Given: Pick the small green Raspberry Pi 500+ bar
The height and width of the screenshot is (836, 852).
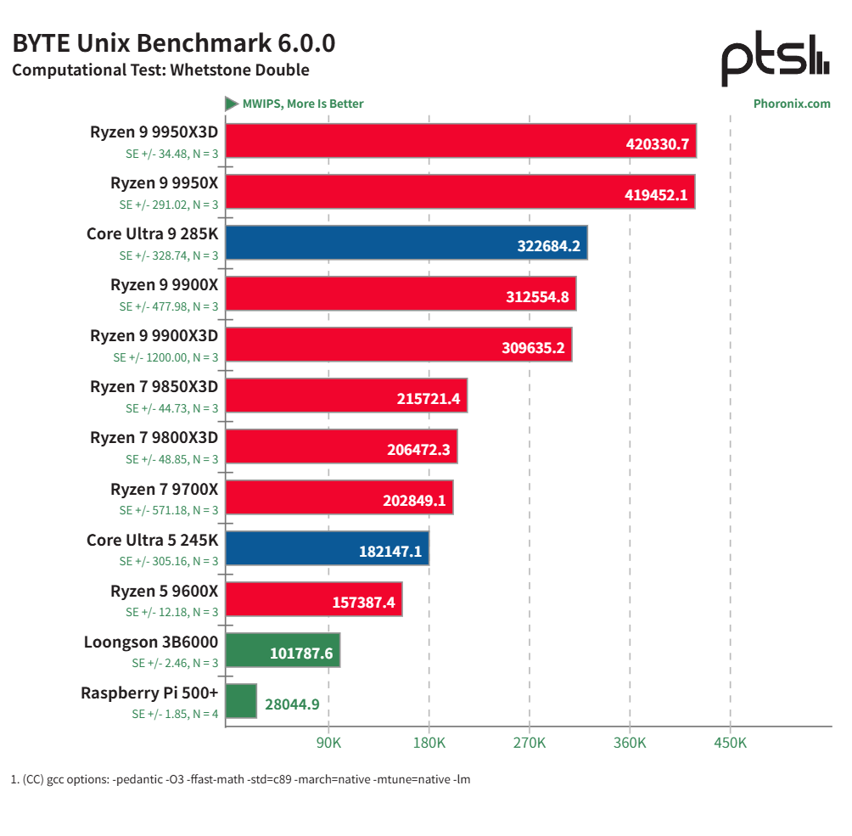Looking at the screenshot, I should click(x=241, y=701).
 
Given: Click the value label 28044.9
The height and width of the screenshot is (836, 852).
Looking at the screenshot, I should click(x=292, y=704).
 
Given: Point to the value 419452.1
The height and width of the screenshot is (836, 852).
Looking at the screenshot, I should click(x=656, y=195).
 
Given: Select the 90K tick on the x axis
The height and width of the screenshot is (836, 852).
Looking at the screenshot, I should click(x=328, y=743).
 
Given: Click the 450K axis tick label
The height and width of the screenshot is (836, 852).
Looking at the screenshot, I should click(x=730, y=743).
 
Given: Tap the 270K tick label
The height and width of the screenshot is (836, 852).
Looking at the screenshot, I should click(x=529, y=743).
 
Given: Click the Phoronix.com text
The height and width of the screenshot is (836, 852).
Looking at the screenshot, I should click(x=791, y=104).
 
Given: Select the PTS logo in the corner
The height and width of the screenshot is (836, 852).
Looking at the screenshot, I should click(x=774, y=59).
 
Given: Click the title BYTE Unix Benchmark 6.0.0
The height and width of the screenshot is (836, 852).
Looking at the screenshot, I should click(x=174, y=42).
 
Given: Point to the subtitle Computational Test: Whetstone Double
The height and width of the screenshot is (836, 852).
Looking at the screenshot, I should click(x=160, y=70).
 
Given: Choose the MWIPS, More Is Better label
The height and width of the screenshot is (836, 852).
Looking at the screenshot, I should click(x=302, y=104).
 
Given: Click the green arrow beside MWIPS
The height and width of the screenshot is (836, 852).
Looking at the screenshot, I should click(x=231, y=104).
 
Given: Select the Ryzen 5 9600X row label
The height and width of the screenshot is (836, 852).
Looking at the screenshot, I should click(x=164, y=591).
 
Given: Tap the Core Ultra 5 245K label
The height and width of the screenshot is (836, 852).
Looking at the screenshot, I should click(x=152, y=540).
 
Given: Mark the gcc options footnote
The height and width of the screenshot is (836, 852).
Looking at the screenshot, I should click(x=240, y=779).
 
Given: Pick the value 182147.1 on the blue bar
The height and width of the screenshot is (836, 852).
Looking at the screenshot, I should click(x=390, y=552).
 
